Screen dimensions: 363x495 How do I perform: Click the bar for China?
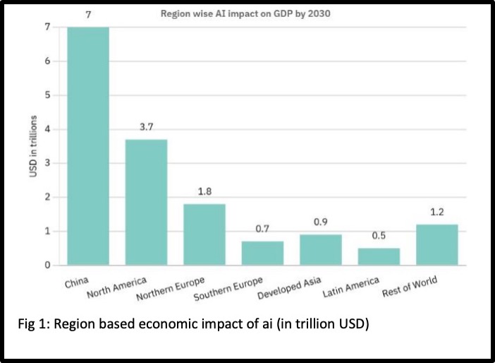pyautogui.click(x=88, y=146)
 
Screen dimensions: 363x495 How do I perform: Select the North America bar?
pyautogui.click(x=146, y=203)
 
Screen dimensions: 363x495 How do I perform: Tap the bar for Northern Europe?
pyautogui.click(x=204, y=234)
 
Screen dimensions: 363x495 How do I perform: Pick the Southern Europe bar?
pyautogui.click(x=262, y=254)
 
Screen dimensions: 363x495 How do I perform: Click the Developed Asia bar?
pyautogui.click(x=321, y=250)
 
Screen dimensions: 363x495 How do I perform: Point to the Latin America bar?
pyautogui.click(x=379, y=257)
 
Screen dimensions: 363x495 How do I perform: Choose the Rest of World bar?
pyautogui.click(x=437, y=245)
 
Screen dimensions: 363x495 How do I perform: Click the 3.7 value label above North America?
pyautogui.click(x=146, y=126)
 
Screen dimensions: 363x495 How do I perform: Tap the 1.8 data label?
pyautogui.click(x=204, y=191)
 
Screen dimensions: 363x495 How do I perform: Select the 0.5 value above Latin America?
pyautogui.click(x=379, y=236)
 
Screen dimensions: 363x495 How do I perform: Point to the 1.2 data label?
pyautogui.click(x=437, y=212)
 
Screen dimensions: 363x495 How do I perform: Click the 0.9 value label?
pyautogui.click(x=321, y=222)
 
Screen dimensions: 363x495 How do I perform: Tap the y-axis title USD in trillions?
pyautogui.click(x=33, y=146)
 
